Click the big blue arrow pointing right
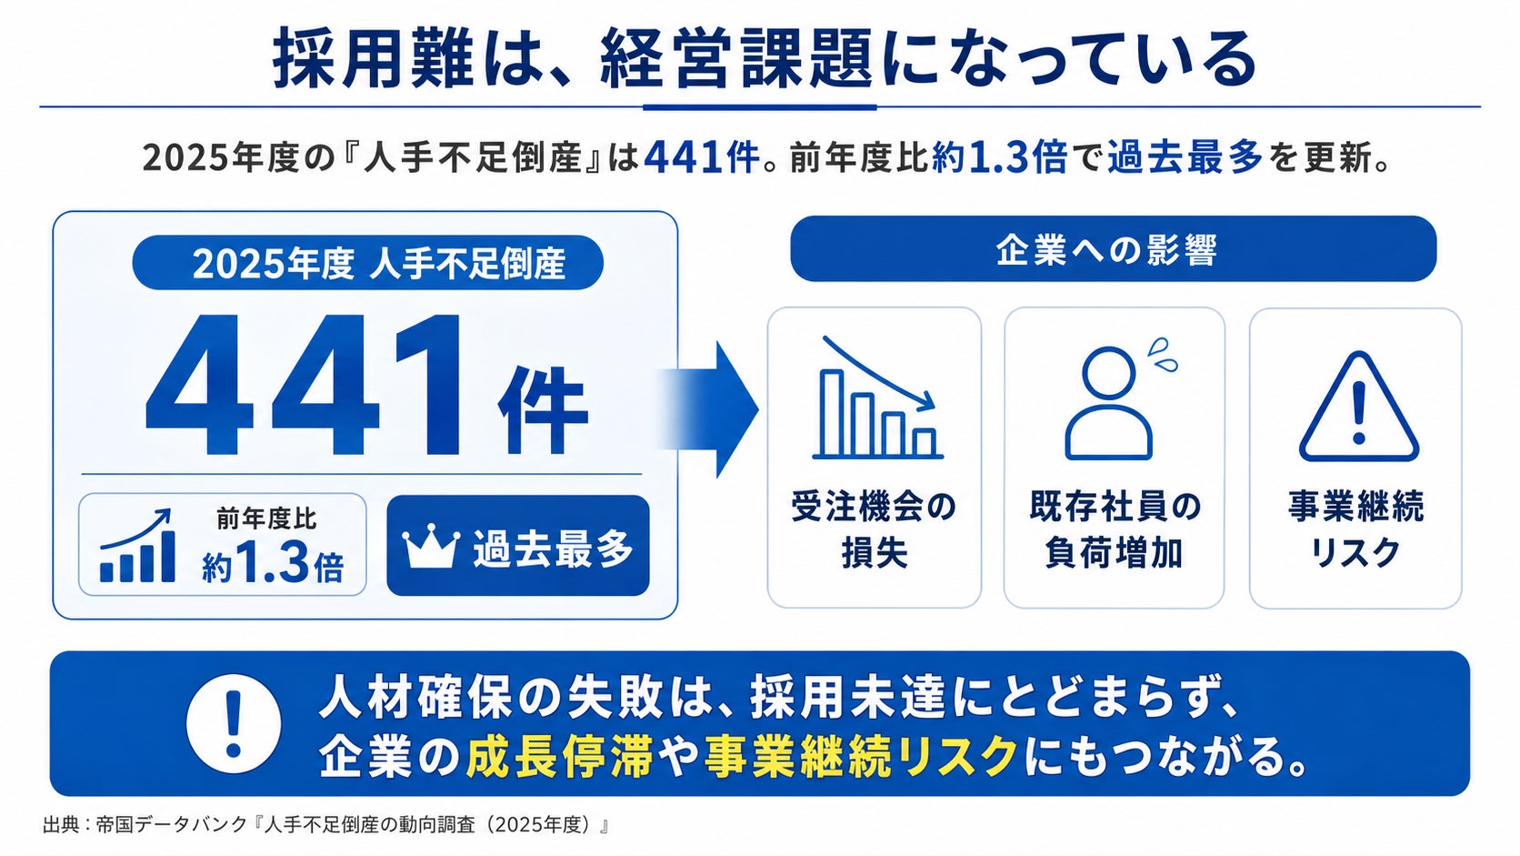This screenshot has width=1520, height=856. tap(709, 409)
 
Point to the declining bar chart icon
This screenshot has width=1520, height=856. tap(877, 398)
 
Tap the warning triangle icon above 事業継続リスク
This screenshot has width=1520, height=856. tap(1358, 408)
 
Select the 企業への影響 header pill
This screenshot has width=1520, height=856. tap(1113, 249)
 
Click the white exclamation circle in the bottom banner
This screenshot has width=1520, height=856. tap(234, 723)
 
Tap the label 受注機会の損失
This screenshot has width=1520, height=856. tap(874, 529)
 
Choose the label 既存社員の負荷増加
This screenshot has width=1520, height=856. tap(1115, 529)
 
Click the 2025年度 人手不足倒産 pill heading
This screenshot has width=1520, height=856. tap(368, 264)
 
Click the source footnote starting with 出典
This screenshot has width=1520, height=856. tap(325, 825)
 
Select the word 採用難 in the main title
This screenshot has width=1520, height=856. tap(373, 59)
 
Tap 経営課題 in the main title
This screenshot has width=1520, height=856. tap(735, 59)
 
